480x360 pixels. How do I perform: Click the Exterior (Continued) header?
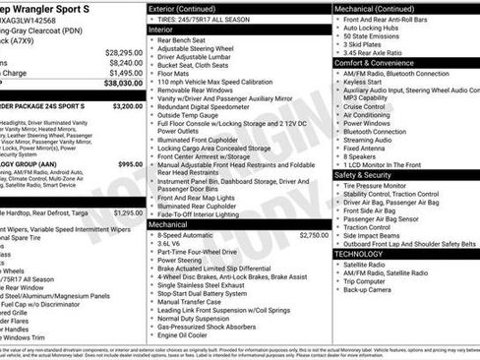pos(191,8)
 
